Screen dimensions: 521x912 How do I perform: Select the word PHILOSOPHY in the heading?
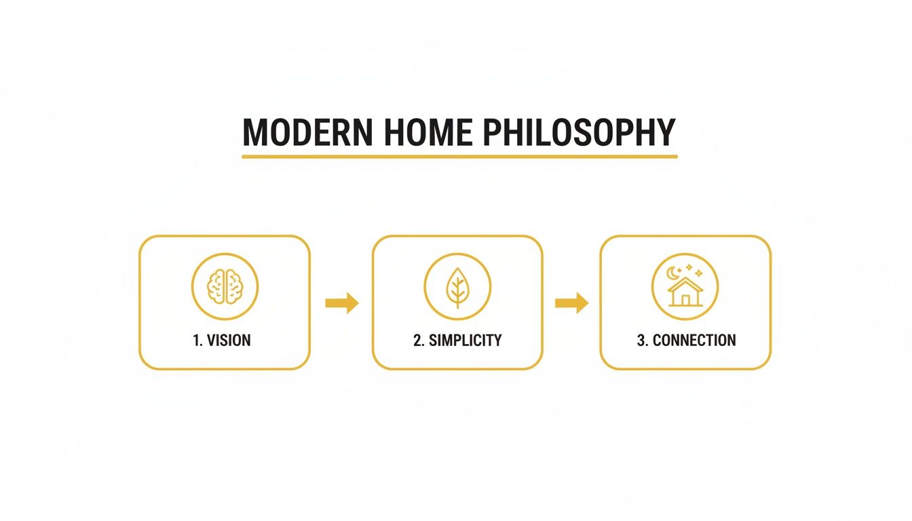pyautogui.click(x=579, y=132)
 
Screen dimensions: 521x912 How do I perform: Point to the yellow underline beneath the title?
pyautogui.click(x=459, y=156)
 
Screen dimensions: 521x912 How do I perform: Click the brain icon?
pyautogui.click(x=225, y=286)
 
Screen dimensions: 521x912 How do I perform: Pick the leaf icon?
pyautogui.click(x=457, y=286)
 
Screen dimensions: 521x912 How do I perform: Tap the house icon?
pyautogui.click(x=685, y=291)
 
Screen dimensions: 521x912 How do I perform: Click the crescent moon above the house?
pyautogui.click(x=673, y=272)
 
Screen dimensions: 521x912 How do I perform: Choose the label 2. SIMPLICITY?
pyautogui.click(x=457, y=340)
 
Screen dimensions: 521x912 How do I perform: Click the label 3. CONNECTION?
pyautogui.click(x=685, y=340)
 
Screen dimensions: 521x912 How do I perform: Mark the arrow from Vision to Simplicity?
pyautogui.click(x=341, y=303)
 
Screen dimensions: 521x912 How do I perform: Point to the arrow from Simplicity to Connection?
pyautogui.click(x=571, y=303)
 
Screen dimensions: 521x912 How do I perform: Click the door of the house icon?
pyautogui.click(x=685, y=299)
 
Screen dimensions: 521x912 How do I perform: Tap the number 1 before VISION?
pyautogui.click(x=197, y=340)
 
